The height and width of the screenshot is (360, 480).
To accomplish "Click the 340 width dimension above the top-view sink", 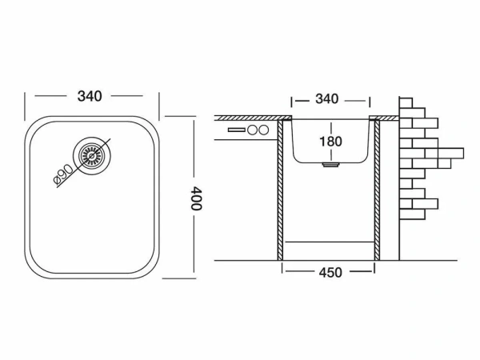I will [90, 97].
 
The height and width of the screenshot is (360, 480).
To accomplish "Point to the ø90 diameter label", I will [65, 172].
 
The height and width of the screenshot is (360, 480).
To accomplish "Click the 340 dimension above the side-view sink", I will [327, 99].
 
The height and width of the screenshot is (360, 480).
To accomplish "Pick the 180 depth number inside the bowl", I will [330, 141].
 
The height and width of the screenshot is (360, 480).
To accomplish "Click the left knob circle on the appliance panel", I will [252, 130].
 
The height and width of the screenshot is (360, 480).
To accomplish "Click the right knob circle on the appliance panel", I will [264, 130].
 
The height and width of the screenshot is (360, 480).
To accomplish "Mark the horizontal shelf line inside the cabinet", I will [329, 239].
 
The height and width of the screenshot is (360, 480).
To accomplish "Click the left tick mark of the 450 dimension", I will [282, 272].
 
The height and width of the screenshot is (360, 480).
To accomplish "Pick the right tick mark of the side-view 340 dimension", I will [369, 100].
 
